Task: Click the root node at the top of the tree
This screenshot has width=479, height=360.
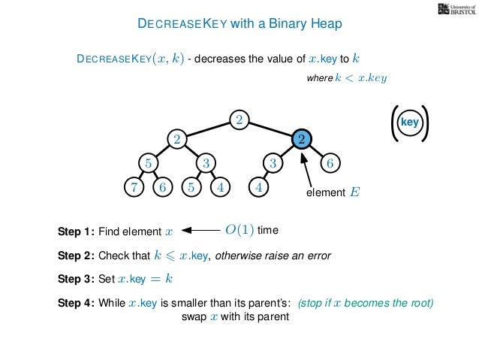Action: click(239, 120)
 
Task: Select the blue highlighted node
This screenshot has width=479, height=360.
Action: click(300, 139)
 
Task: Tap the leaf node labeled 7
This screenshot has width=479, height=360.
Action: click(133, 187)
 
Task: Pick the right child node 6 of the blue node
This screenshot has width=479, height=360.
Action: click(330, 162)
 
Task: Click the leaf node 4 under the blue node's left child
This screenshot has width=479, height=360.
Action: click(258, 187)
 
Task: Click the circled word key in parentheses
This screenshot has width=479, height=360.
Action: click(409, 122)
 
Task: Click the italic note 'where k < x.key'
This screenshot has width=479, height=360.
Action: click(348, 77)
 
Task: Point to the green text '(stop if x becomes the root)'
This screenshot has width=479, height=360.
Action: click(366, 304)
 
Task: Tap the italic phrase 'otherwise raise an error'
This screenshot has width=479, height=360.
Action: click(273, 256)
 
